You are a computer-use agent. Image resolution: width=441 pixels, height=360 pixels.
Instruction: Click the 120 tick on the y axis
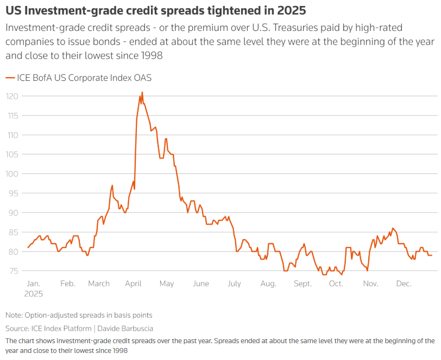tap(12, 96)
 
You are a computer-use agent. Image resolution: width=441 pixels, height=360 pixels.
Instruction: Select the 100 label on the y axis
tap(12, 174)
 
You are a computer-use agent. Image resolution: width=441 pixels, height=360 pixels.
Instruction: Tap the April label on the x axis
tap(133, 283)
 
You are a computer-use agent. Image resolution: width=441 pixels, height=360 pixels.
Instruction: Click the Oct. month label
tap(336, 283)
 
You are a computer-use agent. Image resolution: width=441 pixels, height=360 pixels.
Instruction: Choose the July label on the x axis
tap(234, 283)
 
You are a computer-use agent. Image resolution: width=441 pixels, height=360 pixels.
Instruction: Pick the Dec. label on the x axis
tap(404, 283)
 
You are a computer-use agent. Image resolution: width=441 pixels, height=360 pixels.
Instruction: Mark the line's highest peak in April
tap(142, 92)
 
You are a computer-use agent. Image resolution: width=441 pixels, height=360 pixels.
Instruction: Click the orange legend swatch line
tap(10, 78)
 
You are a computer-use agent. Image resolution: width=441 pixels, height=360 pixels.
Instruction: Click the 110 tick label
tap(12, 135)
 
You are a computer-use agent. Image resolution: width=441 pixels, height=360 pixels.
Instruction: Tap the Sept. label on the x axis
tap(303, 283)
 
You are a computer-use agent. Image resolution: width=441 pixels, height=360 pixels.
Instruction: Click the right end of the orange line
tap(432, 255)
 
